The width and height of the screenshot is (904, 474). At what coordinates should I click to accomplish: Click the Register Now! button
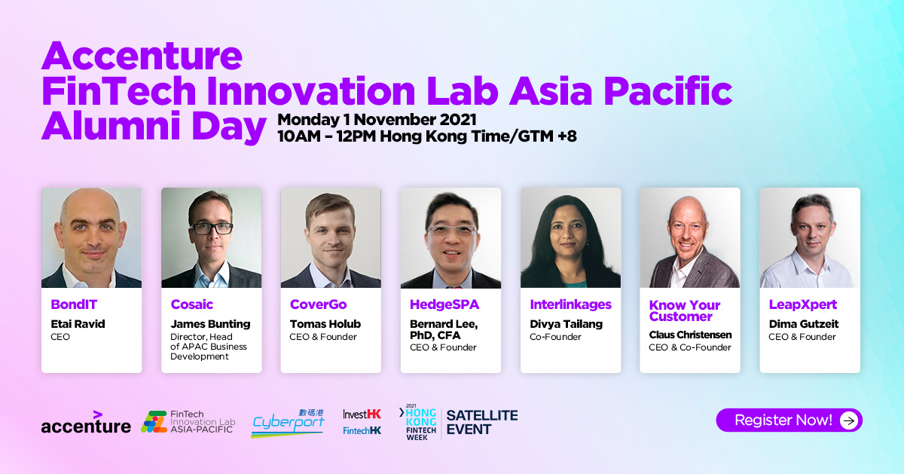(789, 420)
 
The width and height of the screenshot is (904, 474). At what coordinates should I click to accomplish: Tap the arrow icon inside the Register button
(849, 420)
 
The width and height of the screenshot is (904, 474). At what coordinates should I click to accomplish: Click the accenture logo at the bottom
(86, 422)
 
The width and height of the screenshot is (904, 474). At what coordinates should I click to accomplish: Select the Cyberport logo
(288, 423)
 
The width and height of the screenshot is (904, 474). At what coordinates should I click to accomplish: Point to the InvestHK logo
(362, 414)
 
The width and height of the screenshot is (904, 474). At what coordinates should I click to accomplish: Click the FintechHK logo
(362, 431)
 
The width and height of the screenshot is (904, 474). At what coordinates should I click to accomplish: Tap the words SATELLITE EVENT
(482, 422)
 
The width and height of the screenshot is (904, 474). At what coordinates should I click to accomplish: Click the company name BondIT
(74, 304)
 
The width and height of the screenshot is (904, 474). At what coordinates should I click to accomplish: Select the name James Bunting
(210, 324)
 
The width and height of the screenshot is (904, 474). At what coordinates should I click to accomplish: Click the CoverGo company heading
(318, 304)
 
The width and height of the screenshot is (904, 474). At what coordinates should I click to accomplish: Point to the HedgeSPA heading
(444, 304)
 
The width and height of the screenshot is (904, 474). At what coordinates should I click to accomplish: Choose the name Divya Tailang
(566, 324)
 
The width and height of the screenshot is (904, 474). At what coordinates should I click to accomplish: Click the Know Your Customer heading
(685, 310)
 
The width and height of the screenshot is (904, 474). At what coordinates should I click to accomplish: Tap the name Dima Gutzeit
(804, 324)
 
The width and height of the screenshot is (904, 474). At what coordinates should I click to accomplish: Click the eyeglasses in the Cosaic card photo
(212, 228)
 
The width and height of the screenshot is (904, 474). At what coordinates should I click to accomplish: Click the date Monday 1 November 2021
(377, 120)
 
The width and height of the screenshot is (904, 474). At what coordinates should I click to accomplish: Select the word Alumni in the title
(111, 126)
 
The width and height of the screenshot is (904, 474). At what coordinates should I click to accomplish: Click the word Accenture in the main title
(142, 56)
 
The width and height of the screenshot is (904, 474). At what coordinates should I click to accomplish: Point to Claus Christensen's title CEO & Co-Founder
(690, 347)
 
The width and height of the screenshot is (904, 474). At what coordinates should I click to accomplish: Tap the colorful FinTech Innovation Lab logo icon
(154, 422)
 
